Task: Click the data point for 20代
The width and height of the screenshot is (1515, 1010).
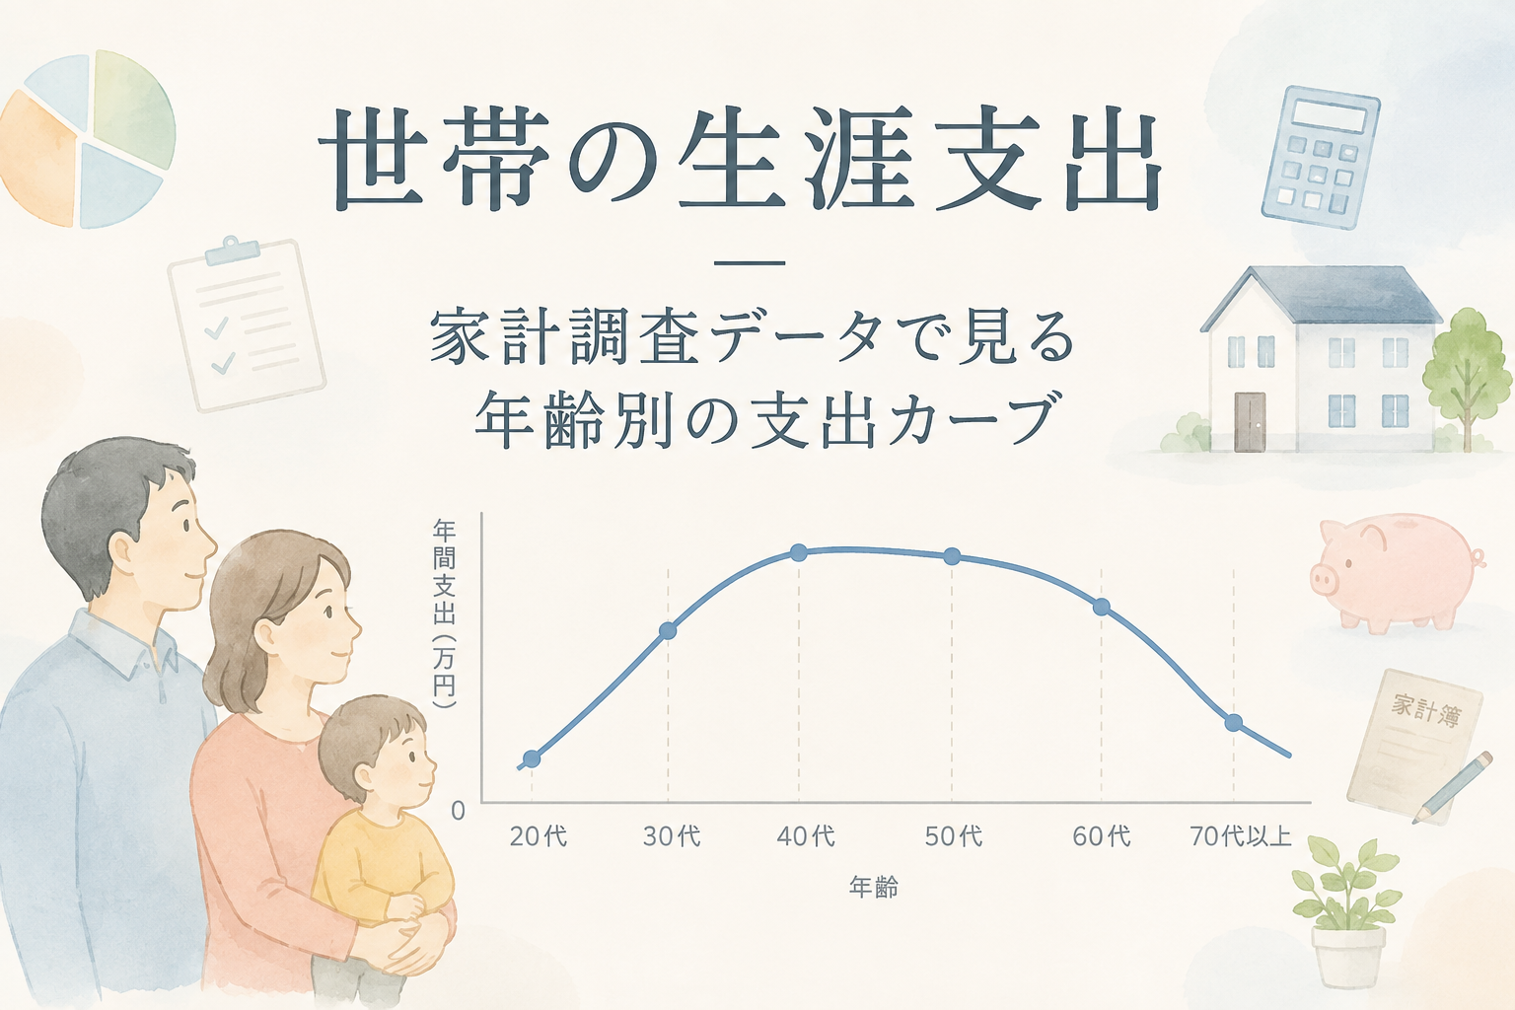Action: [532, 759]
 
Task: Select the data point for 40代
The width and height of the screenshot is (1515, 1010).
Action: [799, 552]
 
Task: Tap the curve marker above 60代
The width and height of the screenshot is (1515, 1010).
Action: [1101, 607]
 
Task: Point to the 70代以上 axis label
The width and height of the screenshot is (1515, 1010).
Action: [1241, 837]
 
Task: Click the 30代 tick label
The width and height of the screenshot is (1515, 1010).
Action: [672, 837]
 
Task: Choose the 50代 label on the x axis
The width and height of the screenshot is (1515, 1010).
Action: [954, 837]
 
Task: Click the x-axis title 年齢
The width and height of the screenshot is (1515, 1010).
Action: [874, 887]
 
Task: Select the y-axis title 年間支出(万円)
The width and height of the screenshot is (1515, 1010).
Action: [445, 614]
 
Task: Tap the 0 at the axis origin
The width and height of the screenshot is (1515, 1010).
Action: [458, 811]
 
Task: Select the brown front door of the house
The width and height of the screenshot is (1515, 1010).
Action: [1250, 421]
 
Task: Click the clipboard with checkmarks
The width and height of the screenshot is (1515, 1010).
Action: [247, 325]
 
